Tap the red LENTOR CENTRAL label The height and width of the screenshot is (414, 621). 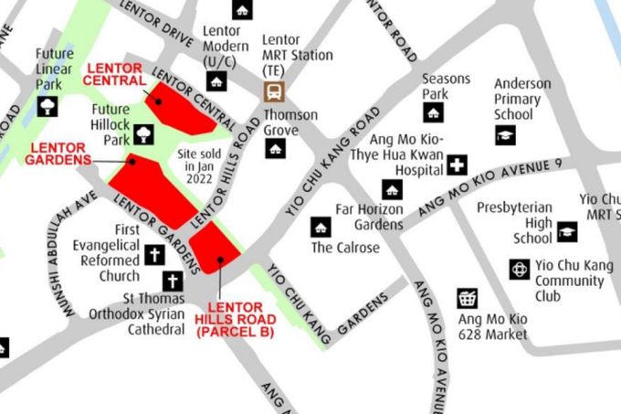point(114,74)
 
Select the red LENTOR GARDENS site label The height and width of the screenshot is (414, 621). point(61,153)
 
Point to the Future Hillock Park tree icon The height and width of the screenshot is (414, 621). point(143,135)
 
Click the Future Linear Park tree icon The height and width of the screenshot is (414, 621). point(47,106)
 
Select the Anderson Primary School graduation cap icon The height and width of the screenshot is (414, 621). point(505,134)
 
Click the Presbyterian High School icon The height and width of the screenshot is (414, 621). point(567,231)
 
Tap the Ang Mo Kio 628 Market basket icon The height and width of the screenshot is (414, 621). point(467,299)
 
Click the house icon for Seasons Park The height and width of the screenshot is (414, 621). point(433,112)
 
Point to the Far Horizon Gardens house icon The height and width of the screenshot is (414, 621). point(392,190)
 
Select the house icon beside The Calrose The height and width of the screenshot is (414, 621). point(321,227)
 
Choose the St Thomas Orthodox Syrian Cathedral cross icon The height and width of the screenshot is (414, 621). point(172,281)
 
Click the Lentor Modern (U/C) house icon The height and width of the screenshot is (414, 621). point(217,80)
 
